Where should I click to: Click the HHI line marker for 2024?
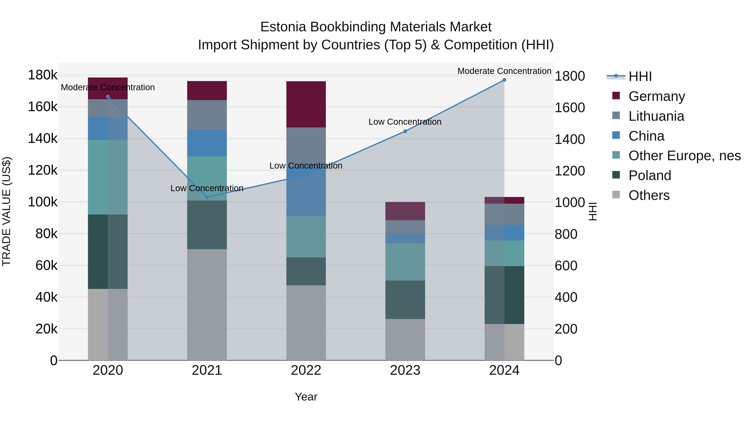tap(504, 80)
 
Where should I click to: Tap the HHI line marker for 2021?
tap(207, 197)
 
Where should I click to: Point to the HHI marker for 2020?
tap(108, 97)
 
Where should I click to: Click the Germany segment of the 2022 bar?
tap(306, 104)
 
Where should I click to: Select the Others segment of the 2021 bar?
tap(207, 305)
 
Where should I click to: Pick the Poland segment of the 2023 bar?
tap(405, 300)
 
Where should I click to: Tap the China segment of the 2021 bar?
tap(207, 143)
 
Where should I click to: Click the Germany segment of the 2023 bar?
tap(405, 211)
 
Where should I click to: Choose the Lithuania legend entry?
tap(656, 116)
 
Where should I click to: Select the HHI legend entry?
tap(640, 76)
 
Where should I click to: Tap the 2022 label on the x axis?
tap(306, 370)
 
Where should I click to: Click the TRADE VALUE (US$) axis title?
tap(7, 211)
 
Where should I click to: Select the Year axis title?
tap(306, 397)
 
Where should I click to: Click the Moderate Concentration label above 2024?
tap(504, 71)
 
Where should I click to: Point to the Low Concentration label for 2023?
tap(405, 122)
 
